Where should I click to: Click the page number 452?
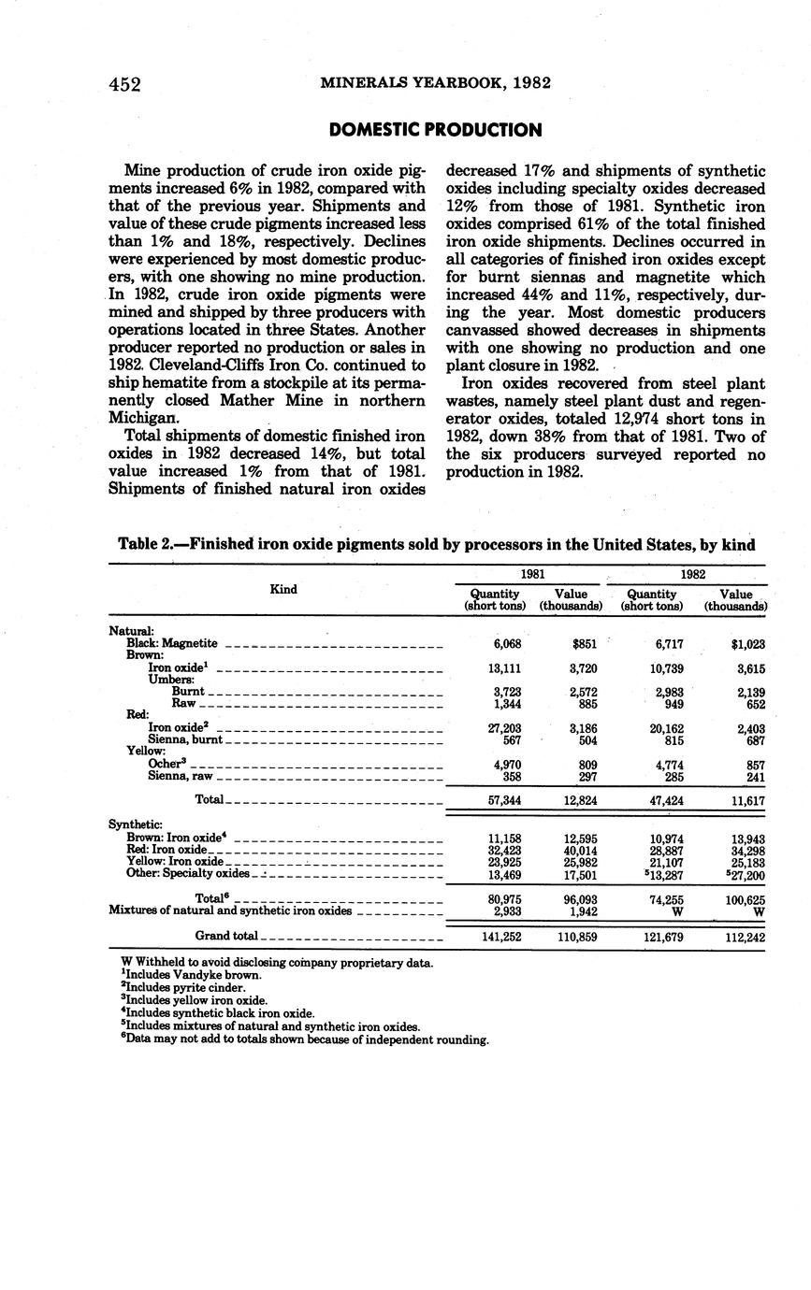pos(123,85)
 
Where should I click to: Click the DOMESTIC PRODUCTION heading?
pos(435,130)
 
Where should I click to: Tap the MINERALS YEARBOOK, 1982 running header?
pos(435,82)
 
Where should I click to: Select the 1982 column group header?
pos(692,575)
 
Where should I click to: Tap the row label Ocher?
pos(165,764)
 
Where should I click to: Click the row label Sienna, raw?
pos(181,776)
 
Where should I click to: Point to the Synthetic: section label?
pos(137,824)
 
